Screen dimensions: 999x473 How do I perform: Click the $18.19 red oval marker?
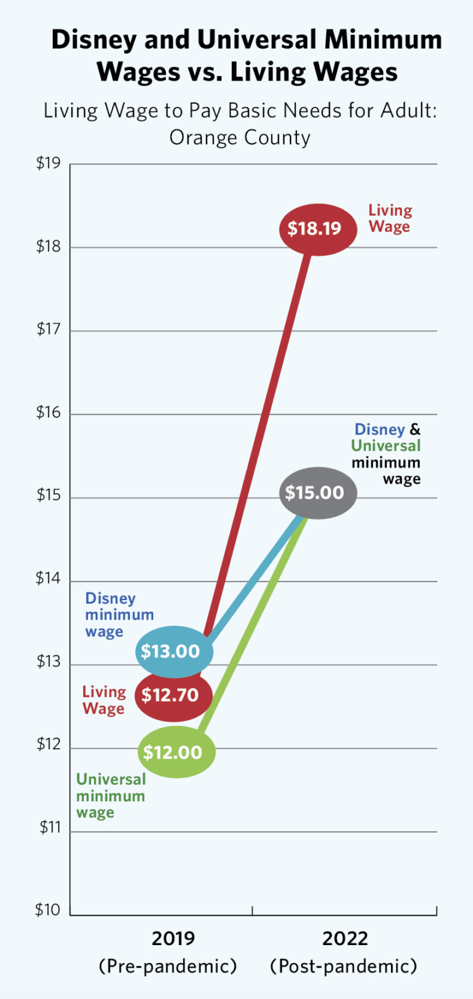tap(314, 229)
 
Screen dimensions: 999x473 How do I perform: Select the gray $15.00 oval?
tap(315, 493)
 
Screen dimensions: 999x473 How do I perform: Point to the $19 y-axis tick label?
tap(49, 163)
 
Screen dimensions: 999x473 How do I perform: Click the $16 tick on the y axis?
tap(49, 413)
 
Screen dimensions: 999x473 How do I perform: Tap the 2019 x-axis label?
tap(173, 938)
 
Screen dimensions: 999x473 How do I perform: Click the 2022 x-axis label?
tap(345, 938)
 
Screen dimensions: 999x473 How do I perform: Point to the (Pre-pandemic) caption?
tap(167, 966)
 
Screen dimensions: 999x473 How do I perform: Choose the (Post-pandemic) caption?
tap(343, 966)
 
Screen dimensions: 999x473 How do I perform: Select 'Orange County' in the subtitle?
tap(240, 137)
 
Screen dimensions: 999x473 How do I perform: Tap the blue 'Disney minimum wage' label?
tap(119, 615)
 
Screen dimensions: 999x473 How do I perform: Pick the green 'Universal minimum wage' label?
tap(111, 795)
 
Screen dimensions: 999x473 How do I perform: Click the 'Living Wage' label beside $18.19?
tap(390, 218)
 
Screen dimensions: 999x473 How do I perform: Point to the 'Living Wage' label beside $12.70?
tap(104, 700)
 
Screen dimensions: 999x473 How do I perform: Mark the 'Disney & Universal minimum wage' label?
tap(387, 454)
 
